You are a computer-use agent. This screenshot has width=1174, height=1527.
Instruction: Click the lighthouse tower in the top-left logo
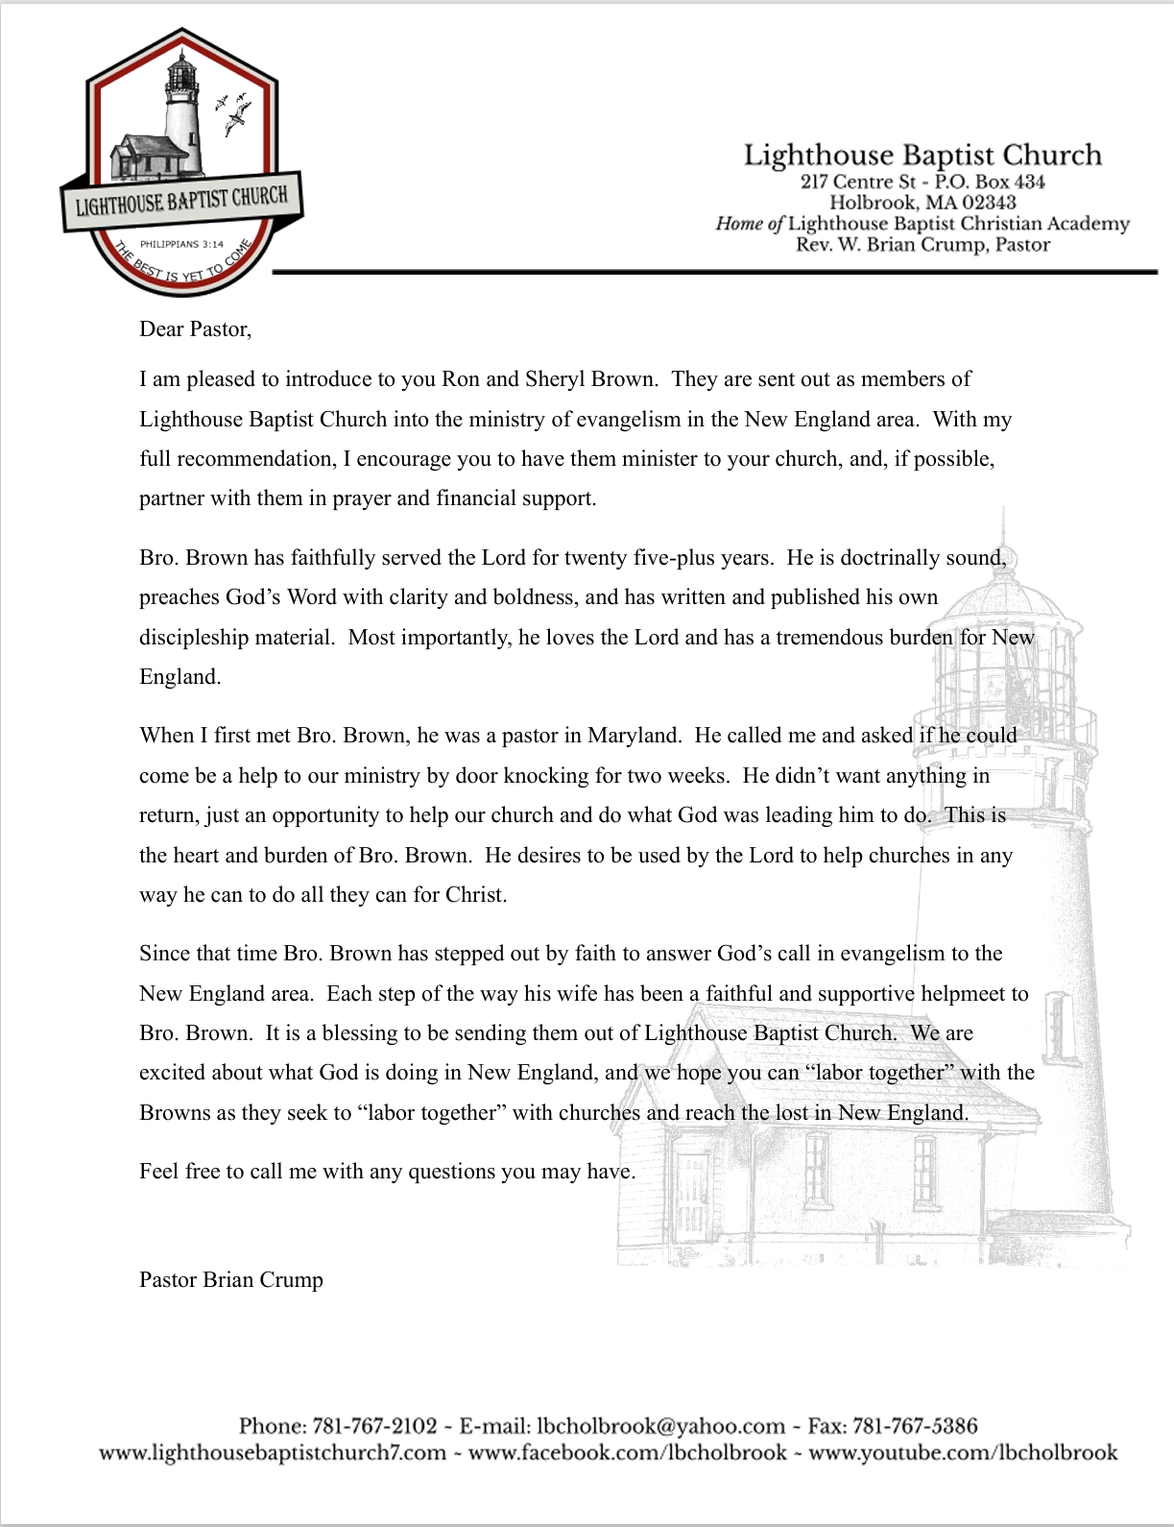(x=181, y=115)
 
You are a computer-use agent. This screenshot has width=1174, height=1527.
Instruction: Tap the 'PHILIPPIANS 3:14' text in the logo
(x=181, y=244)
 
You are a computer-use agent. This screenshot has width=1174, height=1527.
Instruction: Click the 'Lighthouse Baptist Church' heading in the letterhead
(x=922, y=156)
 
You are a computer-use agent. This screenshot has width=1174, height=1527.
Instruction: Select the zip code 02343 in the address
(x=988, y=203)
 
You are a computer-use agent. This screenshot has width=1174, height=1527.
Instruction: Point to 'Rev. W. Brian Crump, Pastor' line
(x=922, y=245)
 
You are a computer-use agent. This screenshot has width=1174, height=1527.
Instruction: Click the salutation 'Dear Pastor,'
(x=195, y=329)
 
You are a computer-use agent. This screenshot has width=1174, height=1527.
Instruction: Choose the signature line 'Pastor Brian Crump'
(x=231, y=1280)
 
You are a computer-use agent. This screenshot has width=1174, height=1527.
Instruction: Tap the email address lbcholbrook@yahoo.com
(x=660, y=1426)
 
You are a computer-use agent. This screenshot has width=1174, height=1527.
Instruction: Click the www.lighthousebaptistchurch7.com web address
(x=273, y=1452)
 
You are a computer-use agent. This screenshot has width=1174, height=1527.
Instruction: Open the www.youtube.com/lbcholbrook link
(x=963, y=1452)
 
